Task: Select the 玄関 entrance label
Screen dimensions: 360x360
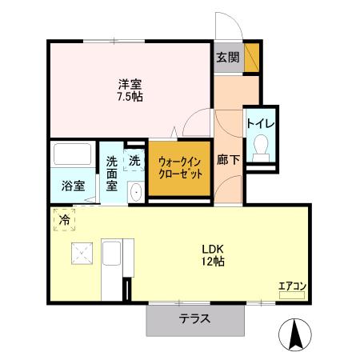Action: pos(227,58)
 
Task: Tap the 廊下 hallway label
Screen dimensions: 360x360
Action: pos(229,160)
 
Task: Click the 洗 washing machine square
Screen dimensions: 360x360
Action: pos(134,160)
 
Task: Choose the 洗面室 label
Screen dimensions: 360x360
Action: pos(112,172)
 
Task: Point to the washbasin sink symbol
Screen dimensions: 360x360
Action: pos(134,190)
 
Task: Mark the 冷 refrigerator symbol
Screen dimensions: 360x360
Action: pos(63,218)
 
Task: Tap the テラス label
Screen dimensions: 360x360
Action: pos(194,319)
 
